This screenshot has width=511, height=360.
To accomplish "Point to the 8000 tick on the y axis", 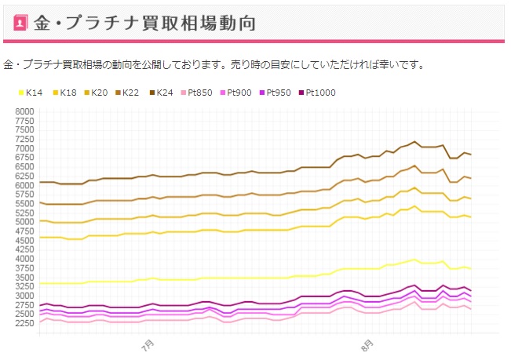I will click(x=24, y=112).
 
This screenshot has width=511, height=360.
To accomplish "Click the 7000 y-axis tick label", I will click(x=24, y=149).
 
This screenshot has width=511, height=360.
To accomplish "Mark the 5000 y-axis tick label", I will click(x=24, y=222).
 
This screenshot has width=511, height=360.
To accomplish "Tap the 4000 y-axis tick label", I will click(x=24, y=259).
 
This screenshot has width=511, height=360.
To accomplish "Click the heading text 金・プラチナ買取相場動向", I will click(x=150, y=23).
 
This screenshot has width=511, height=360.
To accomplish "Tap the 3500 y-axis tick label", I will click(x=24, y=277).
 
